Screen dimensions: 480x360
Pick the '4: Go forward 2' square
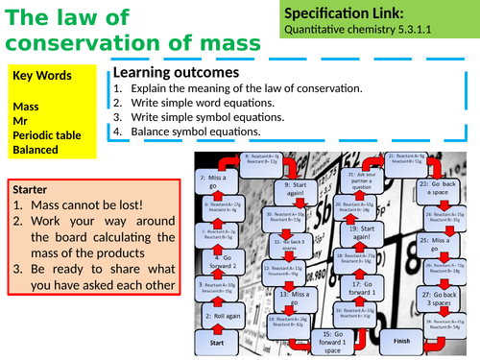click(x=215, y=259)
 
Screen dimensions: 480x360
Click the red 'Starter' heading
click(x=34, y=190)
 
